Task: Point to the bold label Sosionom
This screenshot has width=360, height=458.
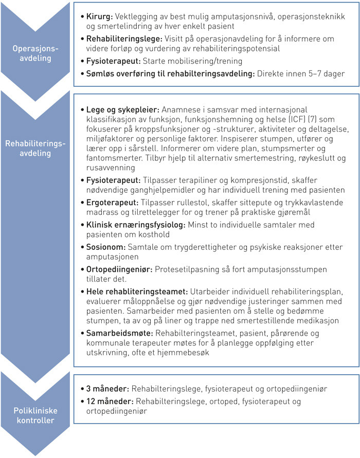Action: point(105,247)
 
